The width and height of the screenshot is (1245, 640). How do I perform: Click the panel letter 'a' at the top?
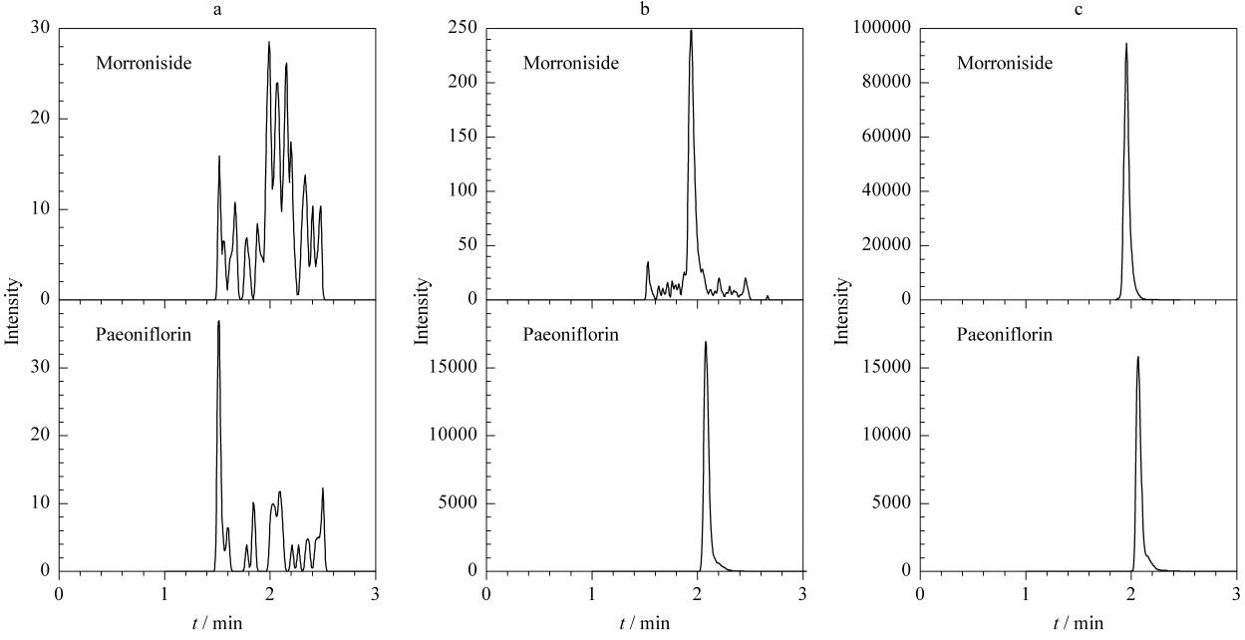217,9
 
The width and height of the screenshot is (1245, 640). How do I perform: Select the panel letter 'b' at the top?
645,9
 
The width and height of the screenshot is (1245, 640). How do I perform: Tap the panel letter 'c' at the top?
1079,9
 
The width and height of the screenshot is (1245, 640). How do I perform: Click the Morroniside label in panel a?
144,63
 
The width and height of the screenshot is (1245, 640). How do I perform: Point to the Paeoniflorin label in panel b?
571,334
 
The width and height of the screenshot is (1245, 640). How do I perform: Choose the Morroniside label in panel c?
1005,63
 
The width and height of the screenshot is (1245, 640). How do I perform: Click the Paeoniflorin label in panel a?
144,334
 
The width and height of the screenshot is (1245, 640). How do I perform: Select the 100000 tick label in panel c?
882,27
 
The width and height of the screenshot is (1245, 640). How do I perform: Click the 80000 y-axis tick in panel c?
887,82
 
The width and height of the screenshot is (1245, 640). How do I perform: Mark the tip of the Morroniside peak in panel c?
1126,44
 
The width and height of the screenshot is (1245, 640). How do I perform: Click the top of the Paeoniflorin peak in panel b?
706,342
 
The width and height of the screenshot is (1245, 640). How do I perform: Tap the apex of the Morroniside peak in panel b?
691,30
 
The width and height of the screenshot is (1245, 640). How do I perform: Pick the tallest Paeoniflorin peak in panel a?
218,321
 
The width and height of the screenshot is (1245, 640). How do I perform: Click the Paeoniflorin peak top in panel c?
1137,357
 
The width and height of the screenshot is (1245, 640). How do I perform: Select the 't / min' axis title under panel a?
217,623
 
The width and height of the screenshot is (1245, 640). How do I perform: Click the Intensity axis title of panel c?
841,311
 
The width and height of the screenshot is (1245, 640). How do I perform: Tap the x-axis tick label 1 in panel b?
592,594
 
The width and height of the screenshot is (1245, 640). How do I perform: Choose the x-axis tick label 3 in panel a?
376,594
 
